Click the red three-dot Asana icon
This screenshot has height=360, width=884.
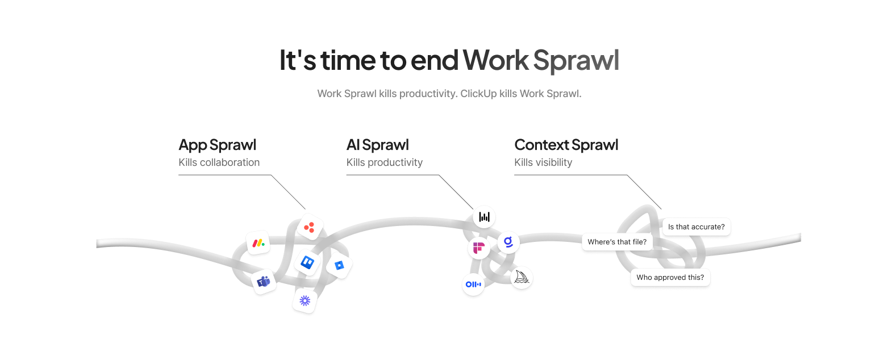point(309,227)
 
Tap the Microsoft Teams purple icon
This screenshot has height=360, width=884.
point(264,281)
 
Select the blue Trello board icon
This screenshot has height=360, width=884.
point(307,262)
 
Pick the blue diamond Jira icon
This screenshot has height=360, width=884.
point(340,265)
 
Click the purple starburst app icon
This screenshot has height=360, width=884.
point(305,300)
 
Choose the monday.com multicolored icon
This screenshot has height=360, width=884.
point(258,243)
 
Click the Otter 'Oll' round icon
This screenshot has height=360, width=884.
point(473,284)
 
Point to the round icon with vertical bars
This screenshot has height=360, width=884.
point(485,217)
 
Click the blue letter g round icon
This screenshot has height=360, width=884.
point(508,242)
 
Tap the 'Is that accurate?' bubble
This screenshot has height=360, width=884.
point(696,227)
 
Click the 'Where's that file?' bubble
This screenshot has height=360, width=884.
point(616,242)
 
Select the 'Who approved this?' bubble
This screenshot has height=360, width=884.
point(670,278)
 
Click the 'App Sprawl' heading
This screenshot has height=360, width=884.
point(217,145)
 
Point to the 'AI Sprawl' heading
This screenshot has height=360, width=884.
point(377,145)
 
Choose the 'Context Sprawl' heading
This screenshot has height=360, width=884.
point(566,145)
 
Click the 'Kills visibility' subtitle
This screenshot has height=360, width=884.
point(543,162)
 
